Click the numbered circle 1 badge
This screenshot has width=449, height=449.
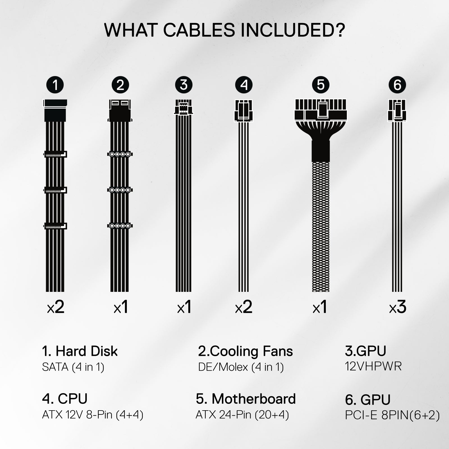55,85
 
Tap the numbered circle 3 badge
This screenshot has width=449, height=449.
184,85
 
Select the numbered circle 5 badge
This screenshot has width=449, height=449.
321,85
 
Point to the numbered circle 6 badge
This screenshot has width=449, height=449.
397,85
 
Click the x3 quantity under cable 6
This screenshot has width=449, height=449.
398,307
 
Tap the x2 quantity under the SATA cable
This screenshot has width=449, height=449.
56,307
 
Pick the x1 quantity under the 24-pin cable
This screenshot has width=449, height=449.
320,307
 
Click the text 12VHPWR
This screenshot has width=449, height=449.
373,366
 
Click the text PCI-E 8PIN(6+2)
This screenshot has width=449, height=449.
392,415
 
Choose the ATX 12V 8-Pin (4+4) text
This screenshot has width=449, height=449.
93,415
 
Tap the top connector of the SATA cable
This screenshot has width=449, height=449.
55,110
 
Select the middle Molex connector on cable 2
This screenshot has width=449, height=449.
120,190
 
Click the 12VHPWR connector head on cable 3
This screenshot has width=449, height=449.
184,107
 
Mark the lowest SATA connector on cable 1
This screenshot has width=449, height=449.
55,226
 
